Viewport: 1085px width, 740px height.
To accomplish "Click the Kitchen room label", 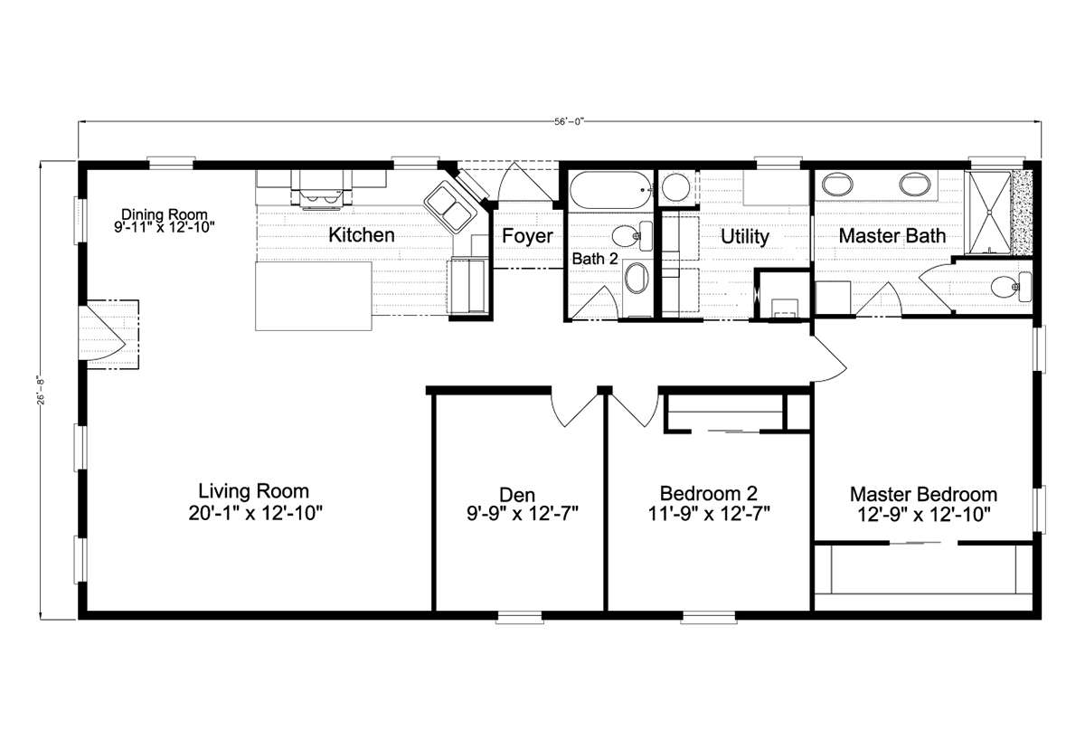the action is [x=362, y=235].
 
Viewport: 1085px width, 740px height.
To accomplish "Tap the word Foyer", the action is [x=527, y=236].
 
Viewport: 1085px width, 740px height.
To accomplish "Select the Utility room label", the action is [x=744, y=237].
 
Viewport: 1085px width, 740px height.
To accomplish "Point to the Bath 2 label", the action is [x=595, y=259].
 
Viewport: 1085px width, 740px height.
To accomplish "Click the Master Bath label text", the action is [x=892, y=236].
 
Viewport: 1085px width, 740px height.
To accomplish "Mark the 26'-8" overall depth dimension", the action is [x=42, y=391].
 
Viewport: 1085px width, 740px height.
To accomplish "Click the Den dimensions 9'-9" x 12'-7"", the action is [x=523, y=514].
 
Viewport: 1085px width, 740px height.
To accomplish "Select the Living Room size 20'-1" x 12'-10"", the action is [x=255, y=513].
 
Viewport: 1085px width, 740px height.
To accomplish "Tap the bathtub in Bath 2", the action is [x=610, y=192].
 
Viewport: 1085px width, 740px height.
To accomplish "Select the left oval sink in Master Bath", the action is [x=837, y=185].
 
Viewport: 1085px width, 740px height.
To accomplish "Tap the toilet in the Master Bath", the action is [x=1011, y=288].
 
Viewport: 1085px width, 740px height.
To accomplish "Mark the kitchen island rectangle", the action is [x=314, y=296].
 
